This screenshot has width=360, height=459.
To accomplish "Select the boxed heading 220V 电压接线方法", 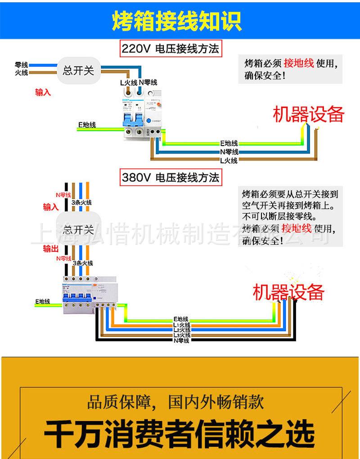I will (x=171, y=49).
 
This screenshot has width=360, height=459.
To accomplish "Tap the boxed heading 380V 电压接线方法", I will (x=171, y=177).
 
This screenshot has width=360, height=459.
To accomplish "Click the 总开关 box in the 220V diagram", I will (x=78, y=70).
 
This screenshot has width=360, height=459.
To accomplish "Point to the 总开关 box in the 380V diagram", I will (x=78, y=229).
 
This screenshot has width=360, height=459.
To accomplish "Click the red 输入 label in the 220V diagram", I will (x=43, y=92).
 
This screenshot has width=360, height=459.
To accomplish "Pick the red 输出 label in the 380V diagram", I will (x=50, y=249).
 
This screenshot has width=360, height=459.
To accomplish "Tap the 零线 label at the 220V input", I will (x=22, y=65).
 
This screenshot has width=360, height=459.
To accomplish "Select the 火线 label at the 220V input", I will (x=22, y=72).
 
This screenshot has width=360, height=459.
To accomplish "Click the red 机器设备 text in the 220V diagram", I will (x=308, y=114).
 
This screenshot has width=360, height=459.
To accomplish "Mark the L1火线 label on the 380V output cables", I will (x=182, y=325).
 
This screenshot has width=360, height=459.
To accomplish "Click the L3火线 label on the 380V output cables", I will (x=182, y=336).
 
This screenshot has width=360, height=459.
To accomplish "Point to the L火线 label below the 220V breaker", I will (x=128, y=82).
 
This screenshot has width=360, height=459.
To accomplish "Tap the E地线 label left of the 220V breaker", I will (x=87, y=124).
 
